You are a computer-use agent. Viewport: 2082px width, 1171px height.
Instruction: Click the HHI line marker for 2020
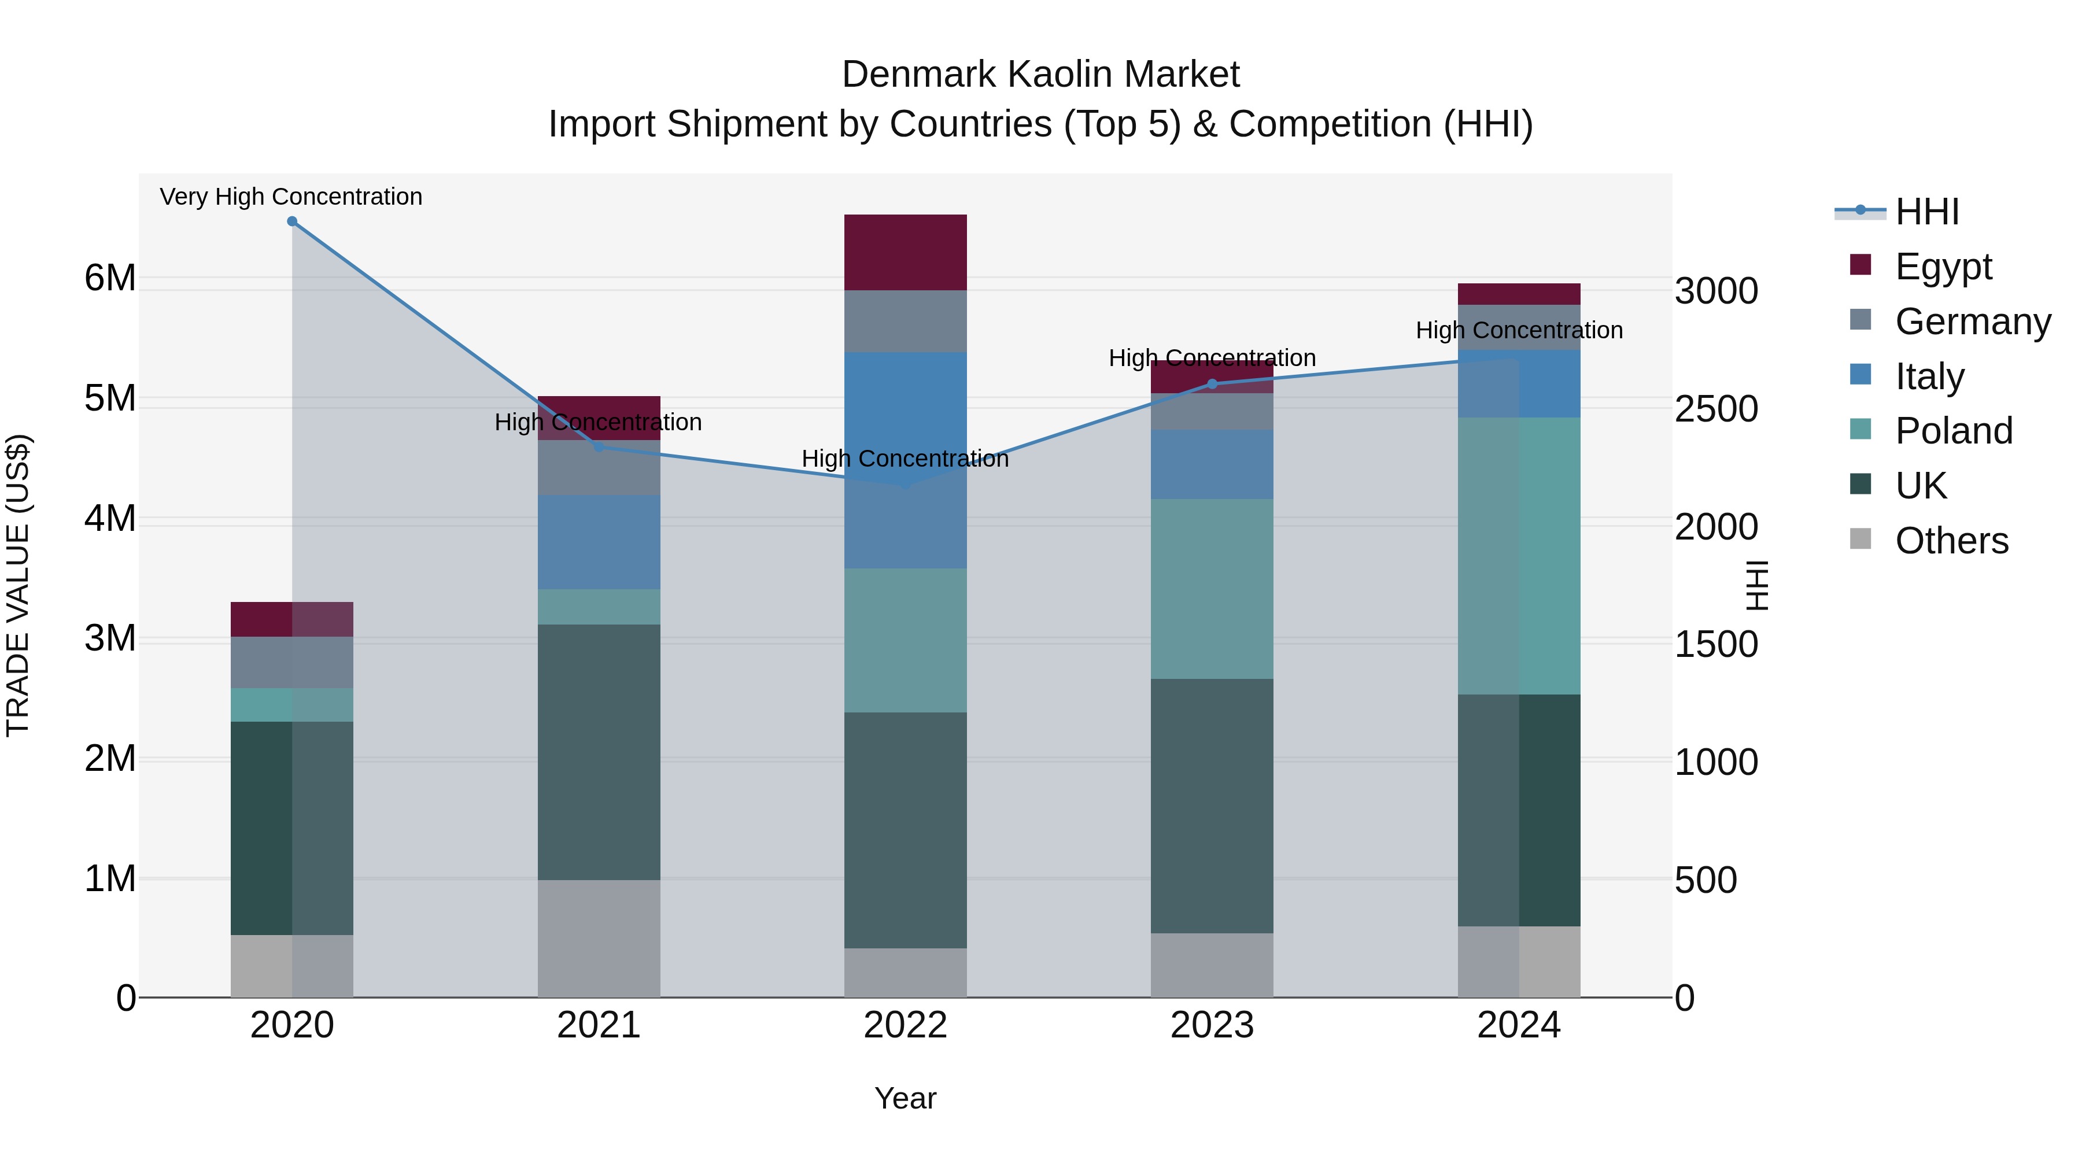[292, 221]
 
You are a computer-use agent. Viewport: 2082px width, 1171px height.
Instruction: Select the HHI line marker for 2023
[1212, 384]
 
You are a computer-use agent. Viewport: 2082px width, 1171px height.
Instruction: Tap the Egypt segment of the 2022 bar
[905, 252]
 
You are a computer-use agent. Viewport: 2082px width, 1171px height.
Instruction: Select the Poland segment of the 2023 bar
[1212, 588]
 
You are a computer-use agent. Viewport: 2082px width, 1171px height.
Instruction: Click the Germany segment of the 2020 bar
[292, 662]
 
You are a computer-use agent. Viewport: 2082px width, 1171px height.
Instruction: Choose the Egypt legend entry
[1943, 266]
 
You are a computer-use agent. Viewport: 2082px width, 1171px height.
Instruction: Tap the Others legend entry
[1951, 540]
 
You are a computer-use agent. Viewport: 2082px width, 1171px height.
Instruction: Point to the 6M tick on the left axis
[110, 278]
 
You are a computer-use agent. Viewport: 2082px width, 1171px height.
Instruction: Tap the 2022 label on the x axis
[905, 1025]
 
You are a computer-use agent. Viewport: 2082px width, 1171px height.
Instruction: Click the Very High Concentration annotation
[291, 197]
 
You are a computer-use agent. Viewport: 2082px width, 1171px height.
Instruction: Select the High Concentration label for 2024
[1519, 330]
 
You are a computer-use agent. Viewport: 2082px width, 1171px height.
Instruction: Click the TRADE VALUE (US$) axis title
[18, 585]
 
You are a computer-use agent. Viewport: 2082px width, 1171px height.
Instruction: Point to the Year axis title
[905, 1098]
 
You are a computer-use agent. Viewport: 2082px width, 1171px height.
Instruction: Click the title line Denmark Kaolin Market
[1040, 75]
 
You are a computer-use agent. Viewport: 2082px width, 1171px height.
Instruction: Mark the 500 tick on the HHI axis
[1706, 880]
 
